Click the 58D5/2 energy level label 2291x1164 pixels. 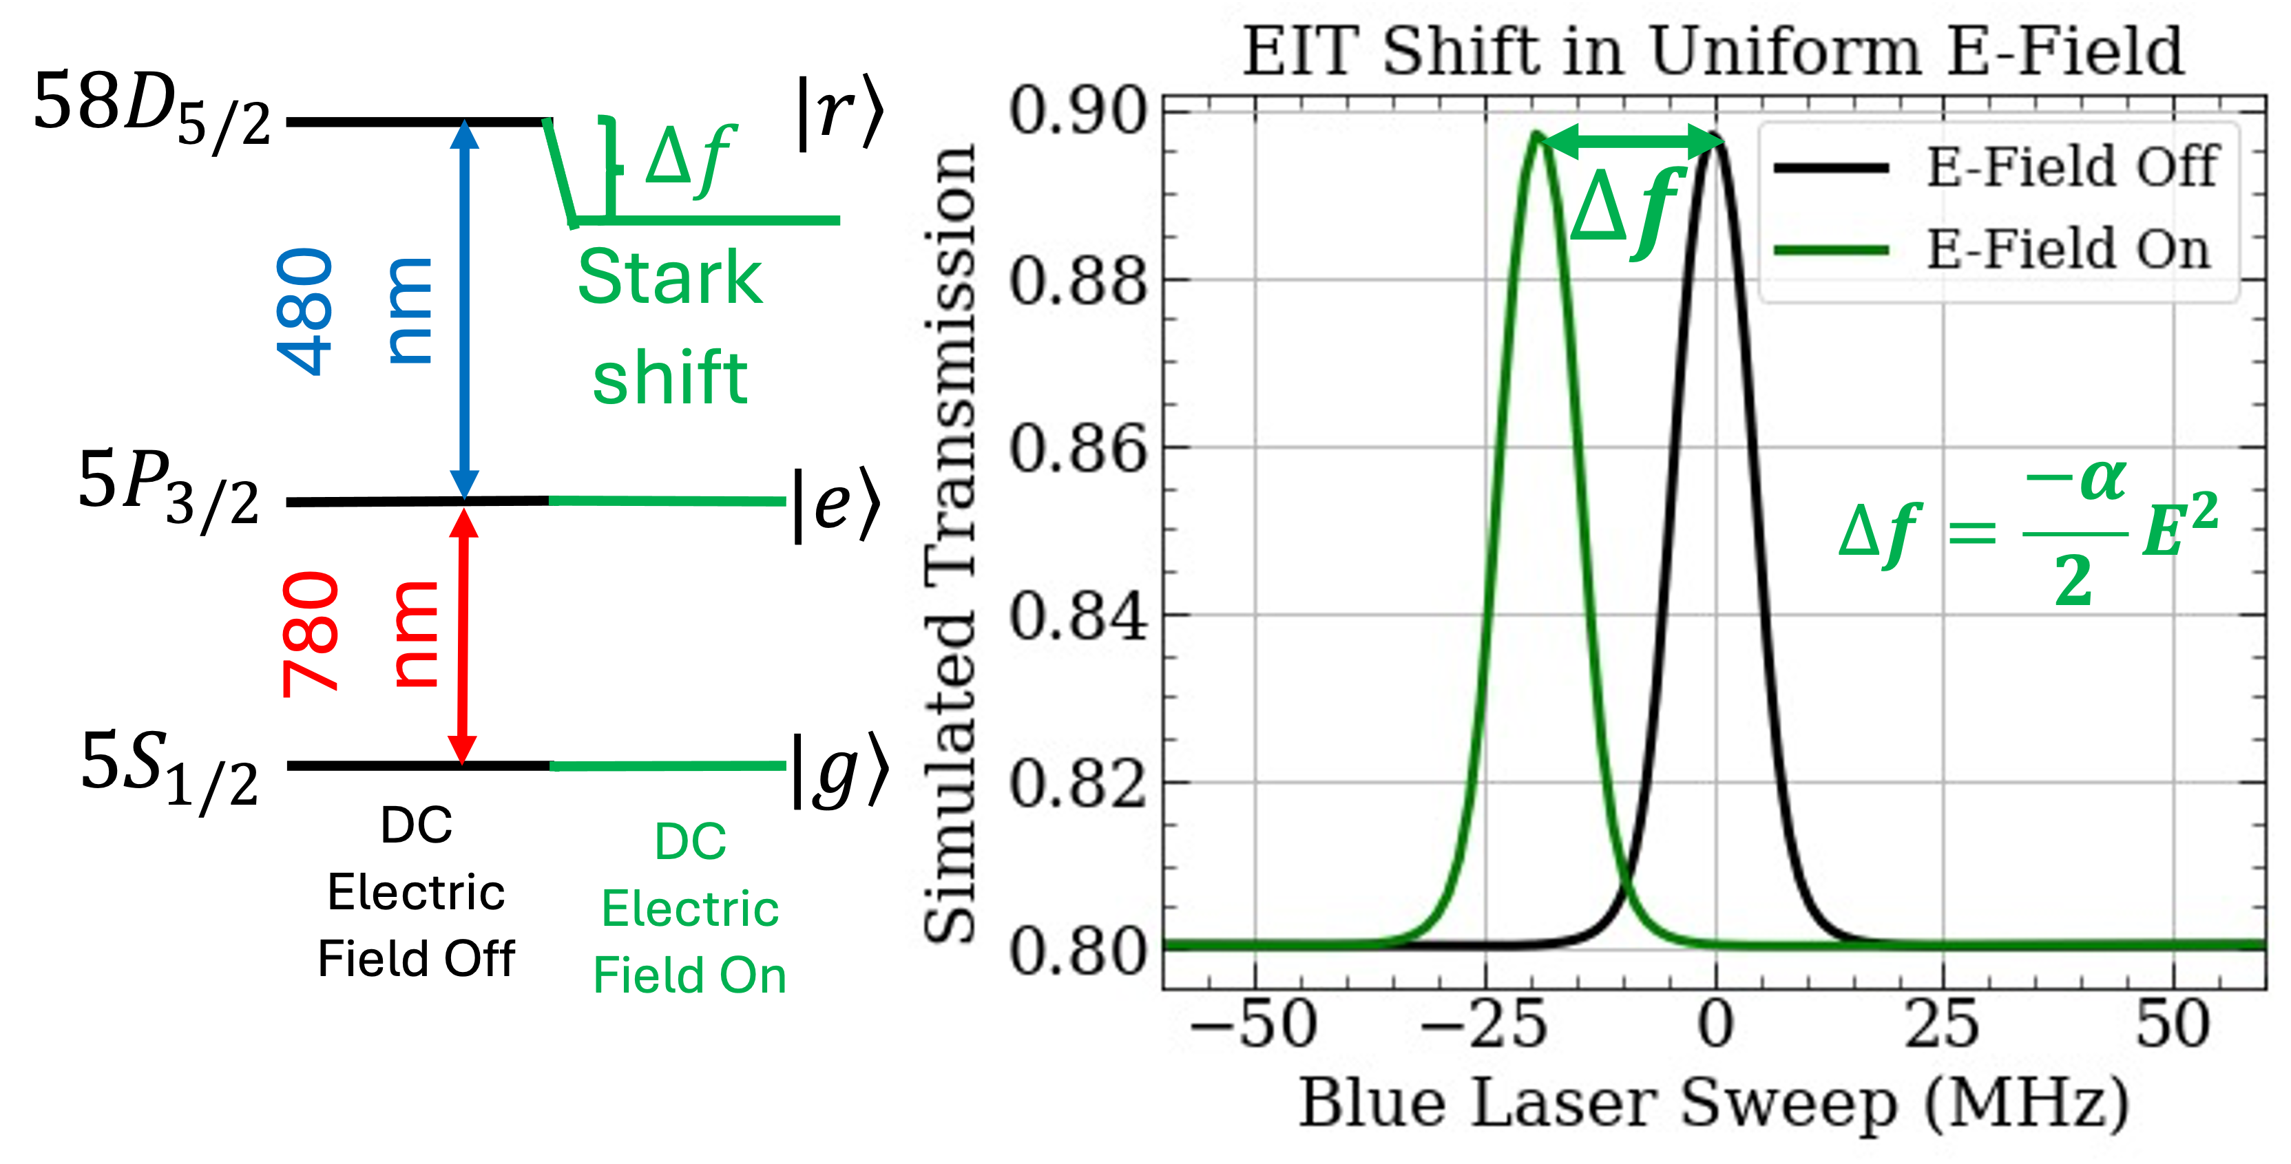[x=151, y=111]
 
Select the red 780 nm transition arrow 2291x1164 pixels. [x=463, y=637]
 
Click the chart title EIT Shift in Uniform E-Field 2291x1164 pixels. [x=1713, y=51]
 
